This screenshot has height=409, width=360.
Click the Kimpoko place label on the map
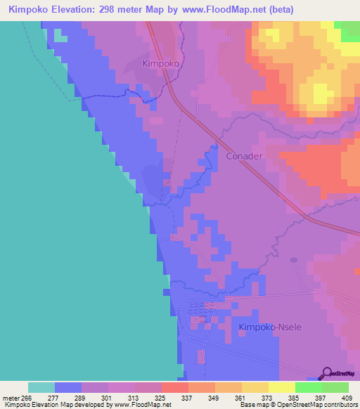point(162,63)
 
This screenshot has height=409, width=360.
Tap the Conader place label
point(245,156)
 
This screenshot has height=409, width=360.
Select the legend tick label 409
point(347,398)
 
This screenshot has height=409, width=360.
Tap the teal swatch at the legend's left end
point(41,387)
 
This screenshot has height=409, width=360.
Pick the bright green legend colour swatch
point(308,387)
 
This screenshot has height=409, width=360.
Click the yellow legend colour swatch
point(281,387)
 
